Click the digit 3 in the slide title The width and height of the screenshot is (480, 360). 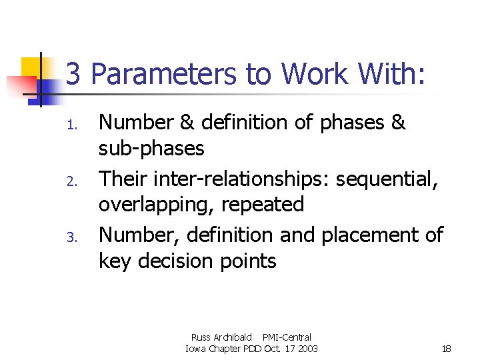73,74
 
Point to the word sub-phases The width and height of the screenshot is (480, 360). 151,148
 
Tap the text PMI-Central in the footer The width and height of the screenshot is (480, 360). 287,337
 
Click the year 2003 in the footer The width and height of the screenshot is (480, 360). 307,349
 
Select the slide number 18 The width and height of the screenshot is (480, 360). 447,349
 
